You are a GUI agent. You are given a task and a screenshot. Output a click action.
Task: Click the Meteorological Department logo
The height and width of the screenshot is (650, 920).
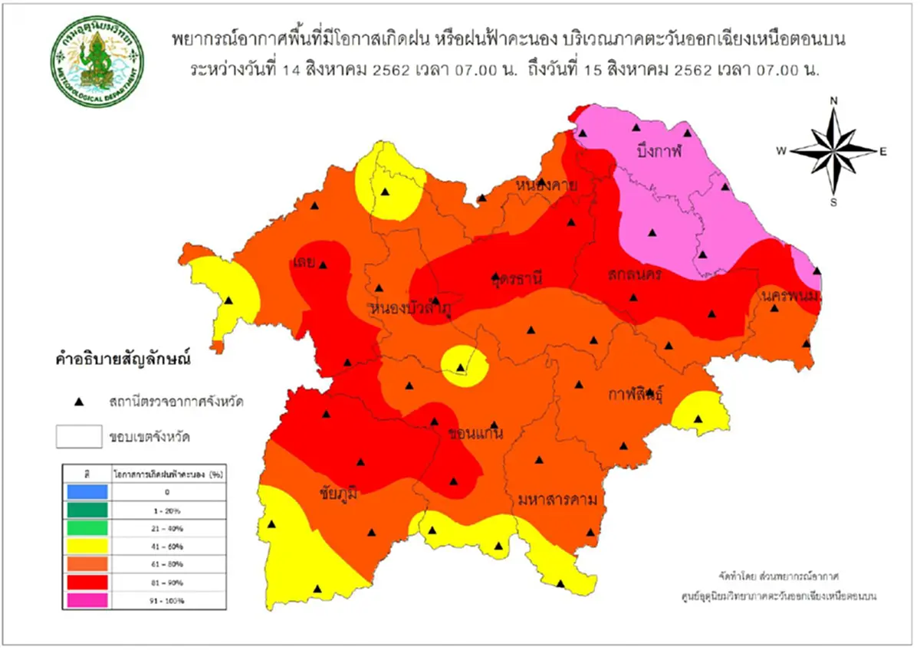pos(97,61)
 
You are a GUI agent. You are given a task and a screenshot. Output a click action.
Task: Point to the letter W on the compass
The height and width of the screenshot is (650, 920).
pos(781,151)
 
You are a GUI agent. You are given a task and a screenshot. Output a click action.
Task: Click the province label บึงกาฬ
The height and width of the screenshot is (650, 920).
pos(659,152)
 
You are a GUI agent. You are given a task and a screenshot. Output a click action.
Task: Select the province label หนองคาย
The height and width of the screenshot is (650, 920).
pos(546,186)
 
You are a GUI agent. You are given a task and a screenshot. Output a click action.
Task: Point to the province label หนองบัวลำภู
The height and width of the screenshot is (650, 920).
pos(410,309)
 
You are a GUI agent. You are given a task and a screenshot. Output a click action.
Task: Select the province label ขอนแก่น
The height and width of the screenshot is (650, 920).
pos(475,435)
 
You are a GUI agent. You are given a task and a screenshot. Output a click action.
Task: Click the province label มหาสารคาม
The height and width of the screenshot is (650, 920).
pos(557,501)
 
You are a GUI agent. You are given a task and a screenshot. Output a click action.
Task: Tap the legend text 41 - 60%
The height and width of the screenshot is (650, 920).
pos(167,546)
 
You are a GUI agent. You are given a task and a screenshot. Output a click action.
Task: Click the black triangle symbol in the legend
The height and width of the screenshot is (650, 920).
pos(78,401)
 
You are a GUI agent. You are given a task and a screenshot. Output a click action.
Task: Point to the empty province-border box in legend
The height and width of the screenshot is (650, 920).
pos(78,437)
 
